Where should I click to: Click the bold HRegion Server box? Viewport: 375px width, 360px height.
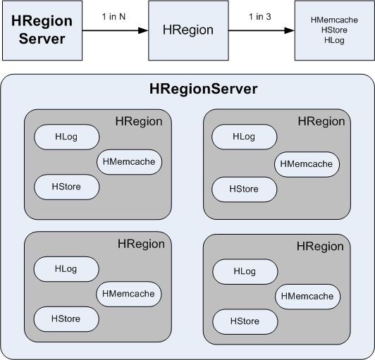(42, 30)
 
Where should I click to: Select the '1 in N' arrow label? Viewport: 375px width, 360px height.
(113, 17)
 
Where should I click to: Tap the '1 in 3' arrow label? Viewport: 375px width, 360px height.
(260, 17)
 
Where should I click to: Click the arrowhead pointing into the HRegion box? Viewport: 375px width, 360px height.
(143, 30)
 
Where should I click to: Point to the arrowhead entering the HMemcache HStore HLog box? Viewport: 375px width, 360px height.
(290, 30)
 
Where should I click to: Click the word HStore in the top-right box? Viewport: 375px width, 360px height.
(334, 30)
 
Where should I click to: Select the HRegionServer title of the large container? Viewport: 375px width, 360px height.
(204, 89)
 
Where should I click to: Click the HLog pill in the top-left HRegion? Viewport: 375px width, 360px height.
(67, 137)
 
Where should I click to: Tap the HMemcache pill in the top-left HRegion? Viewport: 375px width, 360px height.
(130, 162)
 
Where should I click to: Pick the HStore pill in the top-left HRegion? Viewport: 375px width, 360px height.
(67, 187)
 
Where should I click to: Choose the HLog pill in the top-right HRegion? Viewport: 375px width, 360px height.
(244, 137)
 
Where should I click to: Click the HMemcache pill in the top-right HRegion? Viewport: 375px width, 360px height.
(307, 164)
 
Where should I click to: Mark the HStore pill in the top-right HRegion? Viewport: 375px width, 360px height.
(244, 190)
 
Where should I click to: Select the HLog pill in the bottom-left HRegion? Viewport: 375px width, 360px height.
(66, 269)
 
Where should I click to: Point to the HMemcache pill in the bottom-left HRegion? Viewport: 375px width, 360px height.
(129, 294)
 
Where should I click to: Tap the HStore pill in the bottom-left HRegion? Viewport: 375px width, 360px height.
(66, 319)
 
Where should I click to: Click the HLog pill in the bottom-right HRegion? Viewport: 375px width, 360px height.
(245, 271)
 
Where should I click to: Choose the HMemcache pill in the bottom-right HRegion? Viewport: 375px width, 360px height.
(308, 297)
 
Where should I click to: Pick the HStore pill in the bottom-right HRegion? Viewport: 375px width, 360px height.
(245, 321)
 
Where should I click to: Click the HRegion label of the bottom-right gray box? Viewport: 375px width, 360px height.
(320, 247)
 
